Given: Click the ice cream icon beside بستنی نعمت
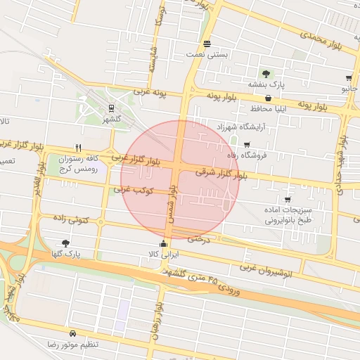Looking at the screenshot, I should (206, 44).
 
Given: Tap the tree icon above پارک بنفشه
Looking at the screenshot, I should (266, 73).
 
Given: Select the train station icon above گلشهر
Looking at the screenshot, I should (111, 108).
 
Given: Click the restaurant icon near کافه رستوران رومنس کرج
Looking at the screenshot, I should (78, 148).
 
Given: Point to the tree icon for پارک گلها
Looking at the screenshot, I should (66, 243).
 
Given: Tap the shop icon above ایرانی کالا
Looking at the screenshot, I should (164, 244).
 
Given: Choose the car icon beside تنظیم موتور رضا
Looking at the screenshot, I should (73, 333).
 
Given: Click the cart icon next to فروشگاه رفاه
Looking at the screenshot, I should (246, 144).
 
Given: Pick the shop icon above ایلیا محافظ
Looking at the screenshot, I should (269, 98).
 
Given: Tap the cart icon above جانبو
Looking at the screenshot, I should (349, 78).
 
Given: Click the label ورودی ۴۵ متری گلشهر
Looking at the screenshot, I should (211, 281).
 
